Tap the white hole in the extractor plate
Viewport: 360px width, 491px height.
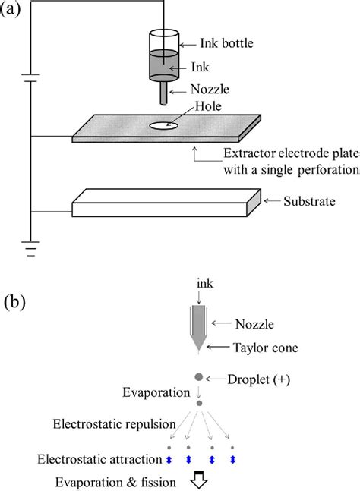click(164, 124)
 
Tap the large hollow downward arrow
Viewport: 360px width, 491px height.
click(199, 480)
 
